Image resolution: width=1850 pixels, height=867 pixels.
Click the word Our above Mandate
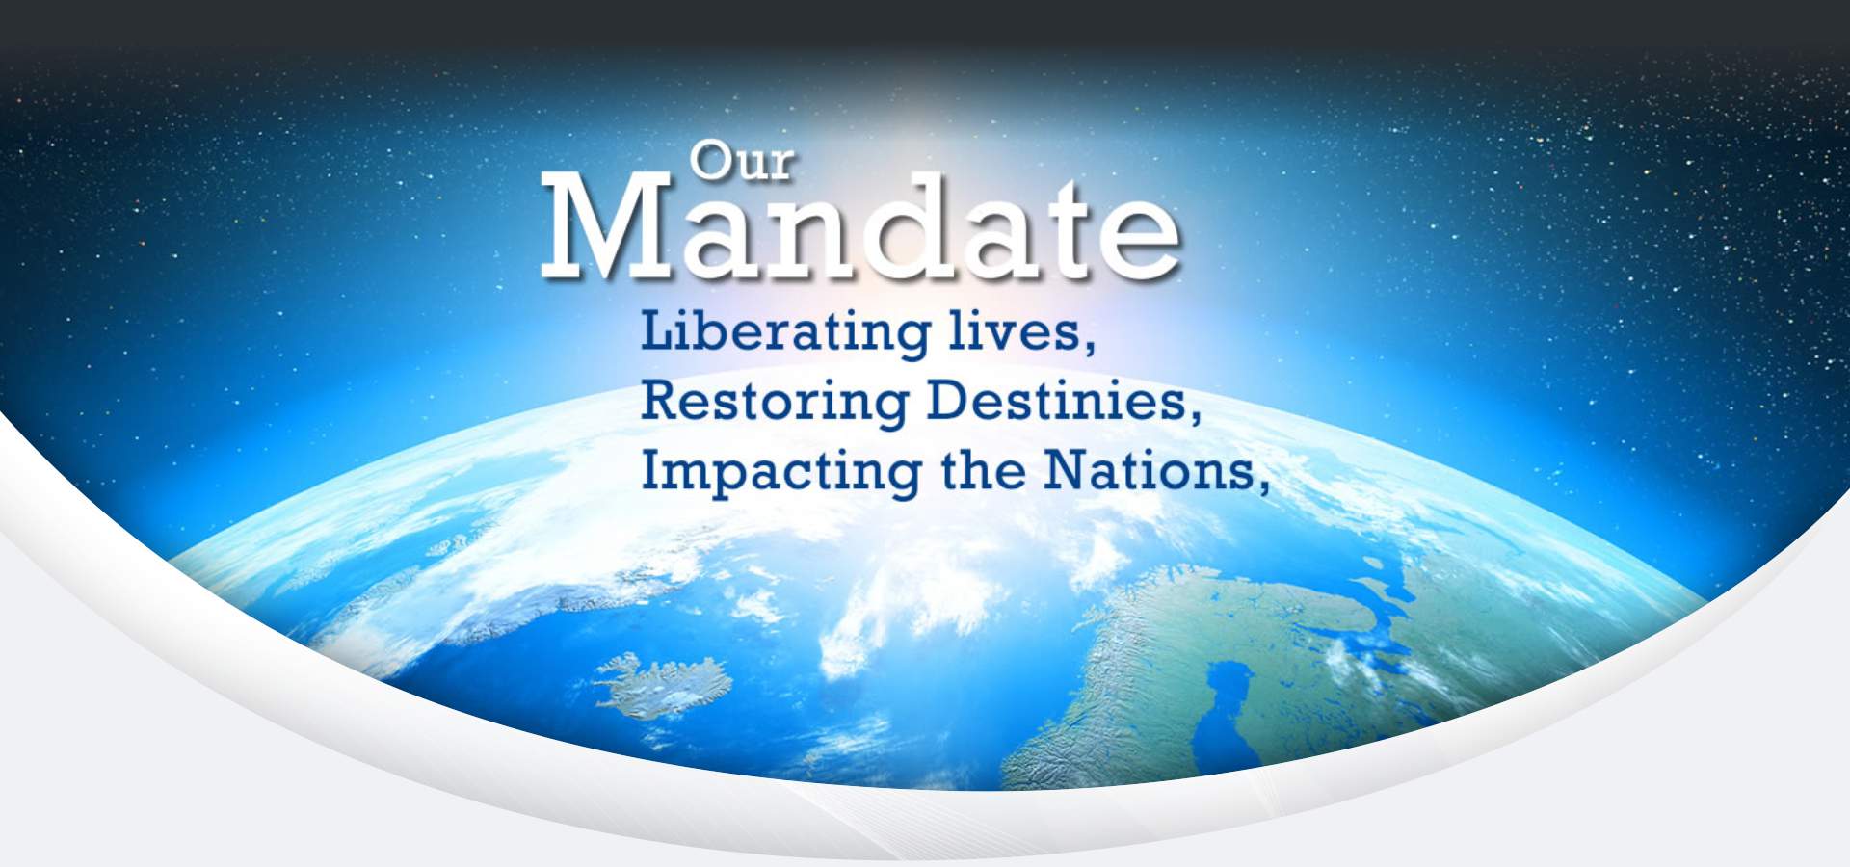(x=741, y=161)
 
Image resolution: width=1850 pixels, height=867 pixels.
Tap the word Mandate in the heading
(x=860, y=227)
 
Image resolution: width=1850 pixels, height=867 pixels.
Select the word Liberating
(x=785, y=333)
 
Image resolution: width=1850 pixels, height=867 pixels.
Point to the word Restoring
(x=775, y=402)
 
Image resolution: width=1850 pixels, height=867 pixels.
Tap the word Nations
(x=1148, y=470)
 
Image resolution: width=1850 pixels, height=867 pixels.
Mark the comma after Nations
(x=1262, y=485)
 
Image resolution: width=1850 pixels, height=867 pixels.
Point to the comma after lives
(x=1090, y=345)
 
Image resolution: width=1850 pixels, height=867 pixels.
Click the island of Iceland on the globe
(x=660, y=683)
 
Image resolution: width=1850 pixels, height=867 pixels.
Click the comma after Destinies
(x=1195, y=414)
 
